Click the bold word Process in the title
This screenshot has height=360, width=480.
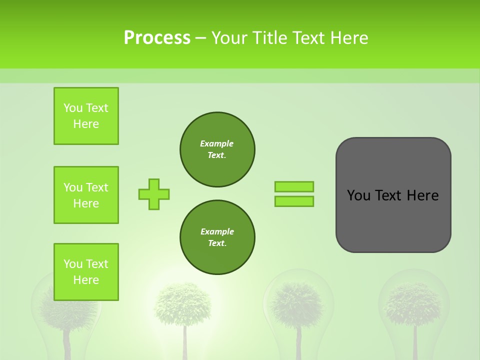(157, 38)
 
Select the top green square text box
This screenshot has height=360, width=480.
(86, 116)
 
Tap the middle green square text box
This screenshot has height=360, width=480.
(86, 195)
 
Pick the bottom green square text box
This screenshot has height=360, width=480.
(86, 272)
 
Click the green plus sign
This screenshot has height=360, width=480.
(154, 194)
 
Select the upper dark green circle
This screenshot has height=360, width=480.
(217, 149)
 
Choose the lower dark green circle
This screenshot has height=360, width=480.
(217, 237)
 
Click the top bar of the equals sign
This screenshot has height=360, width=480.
(294, 186)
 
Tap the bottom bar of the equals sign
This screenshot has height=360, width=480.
(294, 201)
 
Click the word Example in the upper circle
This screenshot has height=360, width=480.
(217, 143)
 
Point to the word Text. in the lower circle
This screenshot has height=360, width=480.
(217, 243)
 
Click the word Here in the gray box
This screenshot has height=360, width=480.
(422, 195)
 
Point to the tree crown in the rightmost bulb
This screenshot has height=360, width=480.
(413, 302)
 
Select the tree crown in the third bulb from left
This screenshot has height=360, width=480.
(298, 303)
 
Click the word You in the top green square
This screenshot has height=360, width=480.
(72, 108)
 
